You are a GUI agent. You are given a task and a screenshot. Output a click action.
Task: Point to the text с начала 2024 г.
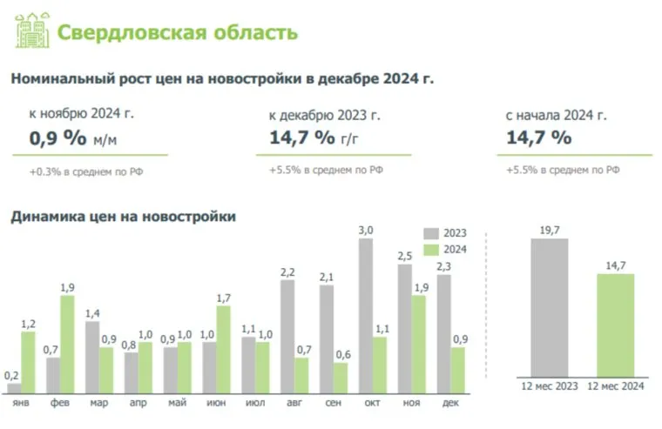click(556, 114)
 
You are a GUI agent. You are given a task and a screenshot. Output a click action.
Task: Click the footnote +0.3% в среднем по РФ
click(86, 171)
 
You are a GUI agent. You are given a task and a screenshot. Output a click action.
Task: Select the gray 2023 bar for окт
click(366, 317)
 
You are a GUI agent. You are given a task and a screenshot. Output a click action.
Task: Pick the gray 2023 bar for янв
click(15, 389)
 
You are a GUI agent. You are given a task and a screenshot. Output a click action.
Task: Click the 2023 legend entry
click(445, 233)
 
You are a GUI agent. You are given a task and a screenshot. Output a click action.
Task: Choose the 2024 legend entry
click(445, 250)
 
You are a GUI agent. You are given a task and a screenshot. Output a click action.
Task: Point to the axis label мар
click(98, 405)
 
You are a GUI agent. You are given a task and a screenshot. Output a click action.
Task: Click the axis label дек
click(450, 405)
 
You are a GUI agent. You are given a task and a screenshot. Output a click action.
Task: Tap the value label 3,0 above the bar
click(366, 230)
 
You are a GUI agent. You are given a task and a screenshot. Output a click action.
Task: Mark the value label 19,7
click(549, 229)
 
